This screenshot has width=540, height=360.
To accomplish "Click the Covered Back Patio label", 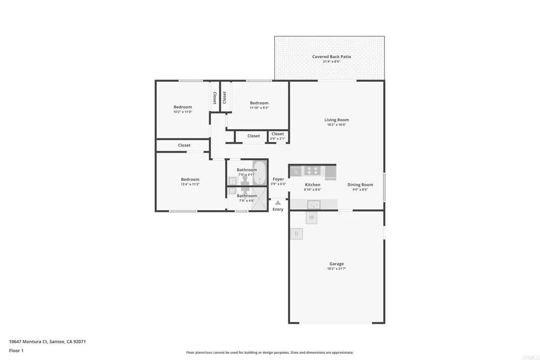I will tap(331, 56).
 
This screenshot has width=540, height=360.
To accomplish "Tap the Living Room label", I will tap(336, 120).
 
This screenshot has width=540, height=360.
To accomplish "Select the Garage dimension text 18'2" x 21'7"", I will tap(336, 269).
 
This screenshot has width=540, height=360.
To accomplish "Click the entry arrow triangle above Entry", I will tap(278, 202).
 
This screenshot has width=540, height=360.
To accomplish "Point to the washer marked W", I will tap(312, 217).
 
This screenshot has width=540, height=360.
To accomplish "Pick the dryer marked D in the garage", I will tap(296, 233).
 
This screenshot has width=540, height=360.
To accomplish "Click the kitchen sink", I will tap(315, 203).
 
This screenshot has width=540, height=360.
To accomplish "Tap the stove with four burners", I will tap(312, 171).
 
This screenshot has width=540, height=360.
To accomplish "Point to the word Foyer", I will tap(278, 179).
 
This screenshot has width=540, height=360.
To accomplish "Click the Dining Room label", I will tap(360, 184).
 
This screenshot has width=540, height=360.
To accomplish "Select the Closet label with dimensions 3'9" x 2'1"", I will tap(278, 134).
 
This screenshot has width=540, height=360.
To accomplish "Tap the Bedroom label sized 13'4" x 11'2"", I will tap(190, 179).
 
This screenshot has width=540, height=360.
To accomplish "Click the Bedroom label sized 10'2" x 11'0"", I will tap(182, 107).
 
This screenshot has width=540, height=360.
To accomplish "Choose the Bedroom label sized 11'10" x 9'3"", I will tap(259, 103).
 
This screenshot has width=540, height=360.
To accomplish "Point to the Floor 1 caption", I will tap(16, 351).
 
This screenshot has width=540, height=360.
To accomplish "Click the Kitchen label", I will tap(313, 184).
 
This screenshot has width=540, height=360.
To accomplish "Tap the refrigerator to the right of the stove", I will tap(330, 171).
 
